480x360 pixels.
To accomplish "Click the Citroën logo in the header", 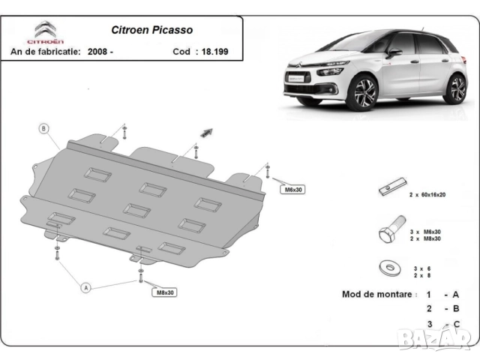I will (46, 31).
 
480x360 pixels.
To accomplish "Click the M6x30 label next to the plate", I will (292, 190).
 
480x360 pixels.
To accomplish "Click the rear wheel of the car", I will (455, 88).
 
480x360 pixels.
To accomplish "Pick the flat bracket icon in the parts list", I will (392, 188).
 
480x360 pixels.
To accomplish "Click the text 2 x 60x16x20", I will (427, 194).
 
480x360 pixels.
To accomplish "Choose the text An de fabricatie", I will (46, 52).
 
